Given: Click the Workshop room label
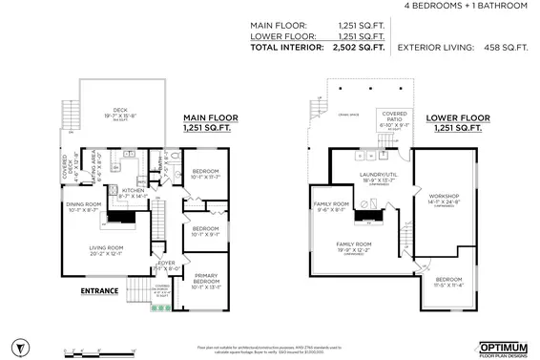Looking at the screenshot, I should (x=446, y=200).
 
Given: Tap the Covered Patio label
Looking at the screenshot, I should (x=394, y=117).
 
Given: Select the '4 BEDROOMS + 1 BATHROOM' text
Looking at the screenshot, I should (x=466, y=6).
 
